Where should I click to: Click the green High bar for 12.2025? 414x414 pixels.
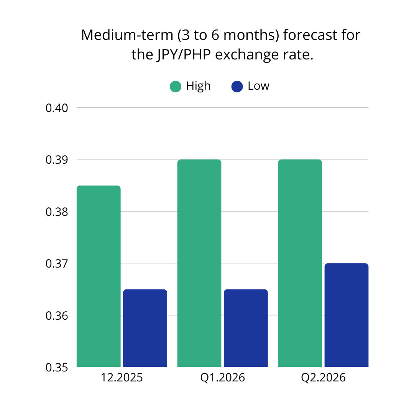pyautogui.click(x=99, y=276)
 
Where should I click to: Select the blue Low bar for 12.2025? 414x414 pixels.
pyautogui.click(x=145, y=328)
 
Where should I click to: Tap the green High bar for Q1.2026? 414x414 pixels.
pyautogui.click(x=199, y=263)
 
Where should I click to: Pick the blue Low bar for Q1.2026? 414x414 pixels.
pyautogui.click(x=246, y=328)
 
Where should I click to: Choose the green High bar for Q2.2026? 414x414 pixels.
pyautogui.click(x=300, y=263)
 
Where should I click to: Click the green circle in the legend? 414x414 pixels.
pyautogui.click(x=176, y=87)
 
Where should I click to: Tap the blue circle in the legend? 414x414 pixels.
pyautogui.click(x=237, y=87)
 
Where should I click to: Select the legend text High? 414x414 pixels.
pyautogui.click(x=198, y=86)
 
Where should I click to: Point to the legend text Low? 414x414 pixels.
pyautogui.click(x=258, y=86)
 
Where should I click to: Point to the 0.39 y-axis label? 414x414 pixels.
pyautogui.click(x=57, y=160)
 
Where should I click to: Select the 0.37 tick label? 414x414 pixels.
pyautogui.click(x=57, y=264)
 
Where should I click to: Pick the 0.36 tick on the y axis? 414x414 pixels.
pyautogui.click(x=57, y=316)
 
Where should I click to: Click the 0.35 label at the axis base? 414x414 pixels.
pyautogui.click(x=57, y=367)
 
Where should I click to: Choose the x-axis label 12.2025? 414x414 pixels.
pyautogui.click(x=122, y=378)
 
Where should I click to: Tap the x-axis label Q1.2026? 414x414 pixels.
pyautogui.click(x=222, y=378)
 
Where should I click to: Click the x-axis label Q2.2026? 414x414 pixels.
pyautogui.click(x=323, y=378)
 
